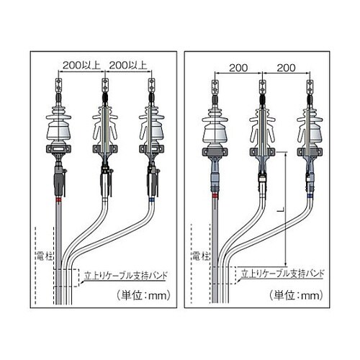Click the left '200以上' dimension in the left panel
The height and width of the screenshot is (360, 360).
pyautogui.click(x=81, y=65)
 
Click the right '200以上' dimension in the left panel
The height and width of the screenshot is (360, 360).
pyautogui.click(x=128, y=65)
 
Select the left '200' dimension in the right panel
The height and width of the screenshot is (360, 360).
pyautogui.click(x=238, y=68)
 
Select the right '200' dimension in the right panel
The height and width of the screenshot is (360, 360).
pyautogui.click(x=286, y=68)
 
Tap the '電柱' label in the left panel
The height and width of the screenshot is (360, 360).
pyautogui.click(x=45, y=256)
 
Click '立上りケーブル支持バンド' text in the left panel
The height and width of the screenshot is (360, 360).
pyautogui.click(x=125, y=275)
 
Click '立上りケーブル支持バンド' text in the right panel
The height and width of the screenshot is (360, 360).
pyautogui.click(x=282, y=273)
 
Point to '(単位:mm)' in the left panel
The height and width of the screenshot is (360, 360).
pyautogui.click(x=144, y=295)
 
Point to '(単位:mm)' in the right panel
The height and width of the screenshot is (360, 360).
pyautogui.click(x=296, y=295)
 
